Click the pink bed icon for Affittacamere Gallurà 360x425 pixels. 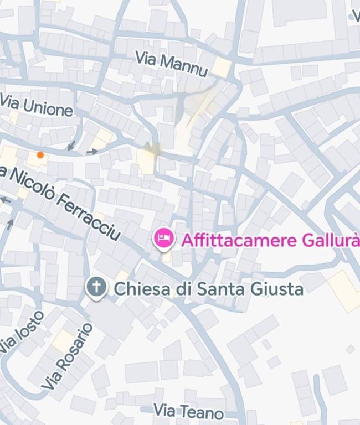coord(163,239)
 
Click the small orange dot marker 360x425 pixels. coord(40,155)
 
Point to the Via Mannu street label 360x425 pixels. coord(172,64)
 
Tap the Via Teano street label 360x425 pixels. coord(188,411)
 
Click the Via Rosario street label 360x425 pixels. coord(68,355)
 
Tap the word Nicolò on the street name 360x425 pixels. coord(32,182)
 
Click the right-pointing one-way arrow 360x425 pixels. coord(92,151)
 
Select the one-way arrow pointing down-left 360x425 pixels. coord(71,146)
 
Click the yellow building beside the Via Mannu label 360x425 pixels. coord(221,68)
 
